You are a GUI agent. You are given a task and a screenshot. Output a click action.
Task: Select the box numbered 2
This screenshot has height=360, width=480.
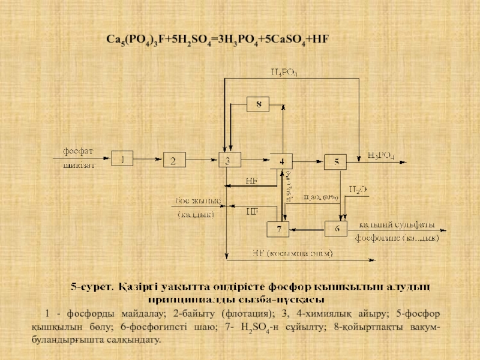coord(174,160)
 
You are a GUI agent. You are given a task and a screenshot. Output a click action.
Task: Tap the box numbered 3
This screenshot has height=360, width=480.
coord(228,161)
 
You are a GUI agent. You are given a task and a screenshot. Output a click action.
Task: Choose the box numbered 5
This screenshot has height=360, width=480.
coord(336,161)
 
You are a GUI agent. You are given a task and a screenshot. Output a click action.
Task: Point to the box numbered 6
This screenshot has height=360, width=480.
coord(336,229)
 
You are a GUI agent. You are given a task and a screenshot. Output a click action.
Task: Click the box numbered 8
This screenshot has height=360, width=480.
coord(259,104)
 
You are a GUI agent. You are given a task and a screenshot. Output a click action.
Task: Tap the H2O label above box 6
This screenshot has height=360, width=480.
coord(358,189)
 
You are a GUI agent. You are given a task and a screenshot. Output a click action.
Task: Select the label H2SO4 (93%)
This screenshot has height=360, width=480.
coord(322,197)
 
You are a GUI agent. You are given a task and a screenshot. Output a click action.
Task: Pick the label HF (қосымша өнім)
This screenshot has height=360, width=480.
coord(293,253)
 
